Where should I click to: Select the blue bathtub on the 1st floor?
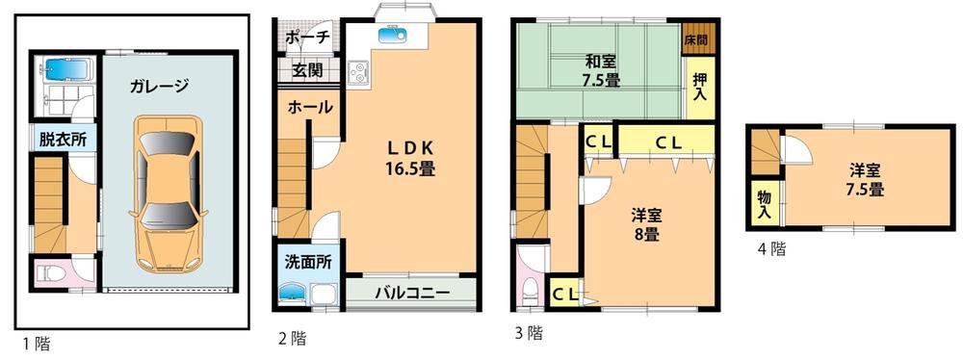click(x=64, y=71)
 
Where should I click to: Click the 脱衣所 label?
click(x=63, y=139)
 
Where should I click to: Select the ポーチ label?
click(x=308, y=38)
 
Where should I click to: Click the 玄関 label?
click(x=307, y=70)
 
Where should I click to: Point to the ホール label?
click(x=309, y=107)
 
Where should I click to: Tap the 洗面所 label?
click(x=307, y=262)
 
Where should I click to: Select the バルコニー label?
click(x=411, y=293)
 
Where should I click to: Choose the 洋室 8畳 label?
click(x=646, y=223)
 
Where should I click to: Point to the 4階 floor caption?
click(x=771, y=249)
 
